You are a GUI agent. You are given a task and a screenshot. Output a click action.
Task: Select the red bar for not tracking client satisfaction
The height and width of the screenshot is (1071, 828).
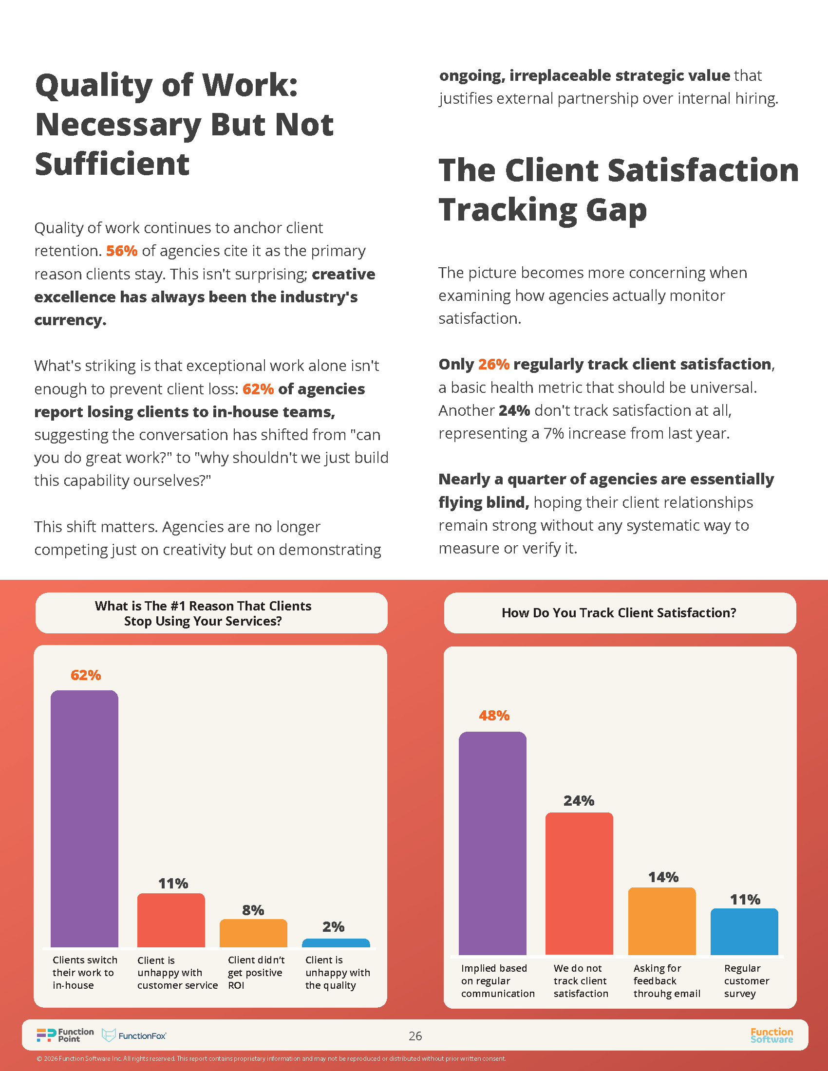coord(579,883)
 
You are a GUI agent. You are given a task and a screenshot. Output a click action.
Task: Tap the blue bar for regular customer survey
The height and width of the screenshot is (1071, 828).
coord(744,931)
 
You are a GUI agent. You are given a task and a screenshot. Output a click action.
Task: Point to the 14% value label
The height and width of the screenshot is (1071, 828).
coord(663,877)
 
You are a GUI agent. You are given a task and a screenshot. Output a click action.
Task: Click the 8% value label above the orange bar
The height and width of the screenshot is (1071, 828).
coord(253,910)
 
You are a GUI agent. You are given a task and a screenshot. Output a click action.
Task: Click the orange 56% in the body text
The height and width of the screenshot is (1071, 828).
coord(122,251)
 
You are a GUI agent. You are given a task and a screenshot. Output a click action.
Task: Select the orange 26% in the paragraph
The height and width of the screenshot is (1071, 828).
coord(493,364)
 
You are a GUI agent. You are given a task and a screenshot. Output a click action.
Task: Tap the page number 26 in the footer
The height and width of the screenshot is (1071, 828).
coord(415,1035)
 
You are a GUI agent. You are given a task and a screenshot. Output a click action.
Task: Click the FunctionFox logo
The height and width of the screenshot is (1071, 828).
coord(134,1035)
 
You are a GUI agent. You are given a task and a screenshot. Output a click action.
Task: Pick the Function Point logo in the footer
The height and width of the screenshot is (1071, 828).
coord(65,1034)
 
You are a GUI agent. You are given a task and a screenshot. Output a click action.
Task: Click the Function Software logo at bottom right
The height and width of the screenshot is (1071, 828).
coord(772,1035)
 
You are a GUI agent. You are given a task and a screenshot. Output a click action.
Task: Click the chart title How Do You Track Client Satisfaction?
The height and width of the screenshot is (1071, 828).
coord(619,613)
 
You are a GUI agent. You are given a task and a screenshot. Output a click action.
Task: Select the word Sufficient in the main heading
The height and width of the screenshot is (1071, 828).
coord(113,164)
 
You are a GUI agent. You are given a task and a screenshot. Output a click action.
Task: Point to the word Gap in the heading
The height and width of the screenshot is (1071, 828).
coord(616,210)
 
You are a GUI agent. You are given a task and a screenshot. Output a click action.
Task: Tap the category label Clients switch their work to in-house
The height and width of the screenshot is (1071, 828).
coord(84,973)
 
